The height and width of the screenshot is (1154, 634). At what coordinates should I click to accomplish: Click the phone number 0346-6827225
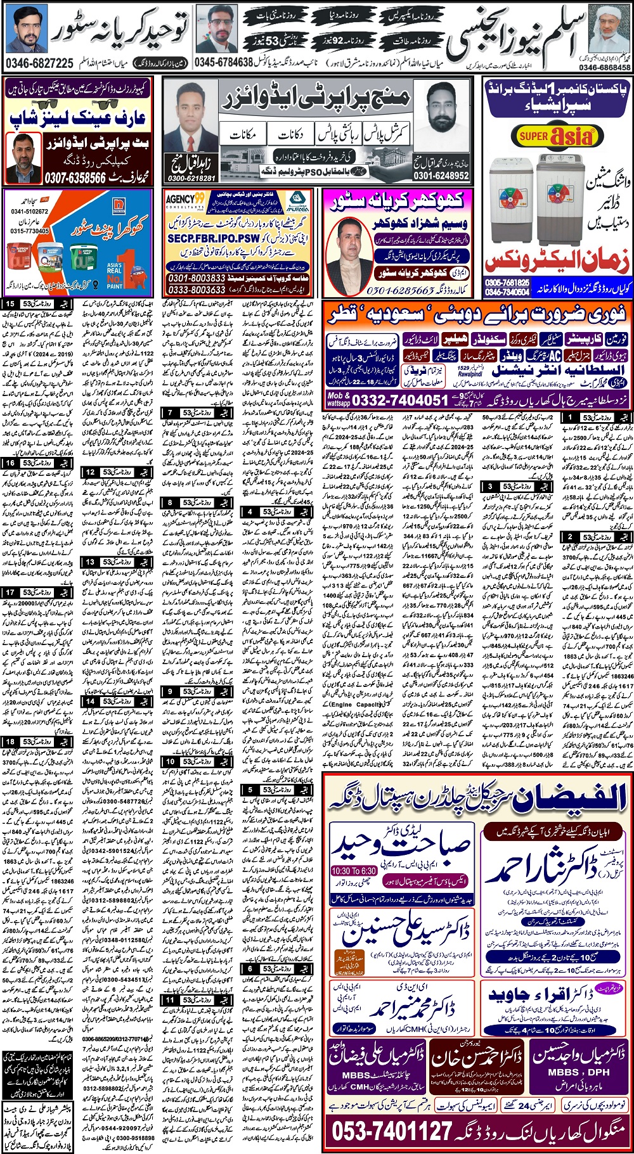click(39, 63)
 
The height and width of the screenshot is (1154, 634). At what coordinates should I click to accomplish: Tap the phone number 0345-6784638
click(224, 63)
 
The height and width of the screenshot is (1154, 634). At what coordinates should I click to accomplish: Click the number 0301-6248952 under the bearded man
click(441, 176)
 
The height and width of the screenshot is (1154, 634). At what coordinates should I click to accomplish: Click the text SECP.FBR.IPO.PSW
click(214, 238)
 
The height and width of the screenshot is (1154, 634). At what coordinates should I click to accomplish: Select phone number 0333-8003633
click(197, 289)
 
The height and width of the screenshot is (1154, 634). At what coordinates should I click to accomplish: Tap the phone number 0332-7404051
click(400, 400)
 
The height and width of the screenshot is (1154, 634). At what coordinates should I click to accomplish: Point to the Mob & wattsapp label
click(339, 399)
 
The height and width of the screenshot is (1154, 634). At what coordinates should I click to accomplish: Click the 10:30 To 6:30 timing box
click(354, 871)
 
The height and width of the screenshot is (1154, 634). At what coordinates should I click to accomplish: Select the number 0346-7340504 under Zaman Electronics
click(507, 292)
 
